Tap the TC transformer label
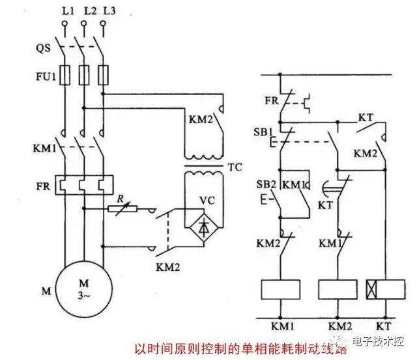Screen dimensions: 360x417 click(x=235, y=167)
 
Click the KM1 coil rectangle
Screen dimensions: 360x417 click(x=278, y=289)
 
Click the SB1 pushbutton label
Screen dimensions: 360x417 click(x=263, y=132)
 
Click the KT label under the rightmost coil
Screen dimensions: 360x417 click(x=384, y=324)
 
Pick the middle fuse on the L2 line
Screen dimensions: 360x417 click(x=84, y=76)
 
